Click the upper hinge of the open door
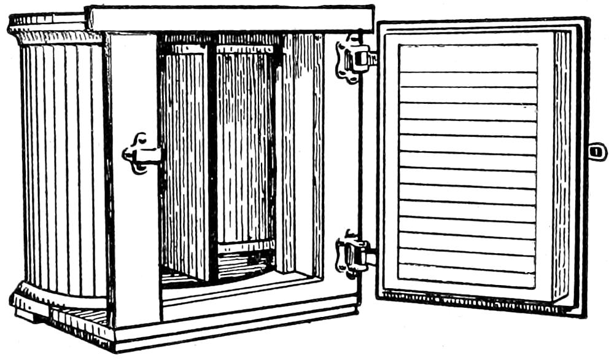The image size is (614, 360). (x=353, y=58)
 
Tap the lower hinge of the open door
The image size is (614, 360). (x=352, y=254)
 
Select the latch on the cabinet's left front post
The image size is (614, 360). (x=141, y=152)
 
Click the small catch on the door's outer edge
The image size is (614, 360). (x=597, y=151)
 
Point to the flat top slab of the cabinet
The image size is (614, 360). (x=230, y=18)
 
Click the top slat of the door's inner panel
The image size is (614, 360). (x=468, y=58)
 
